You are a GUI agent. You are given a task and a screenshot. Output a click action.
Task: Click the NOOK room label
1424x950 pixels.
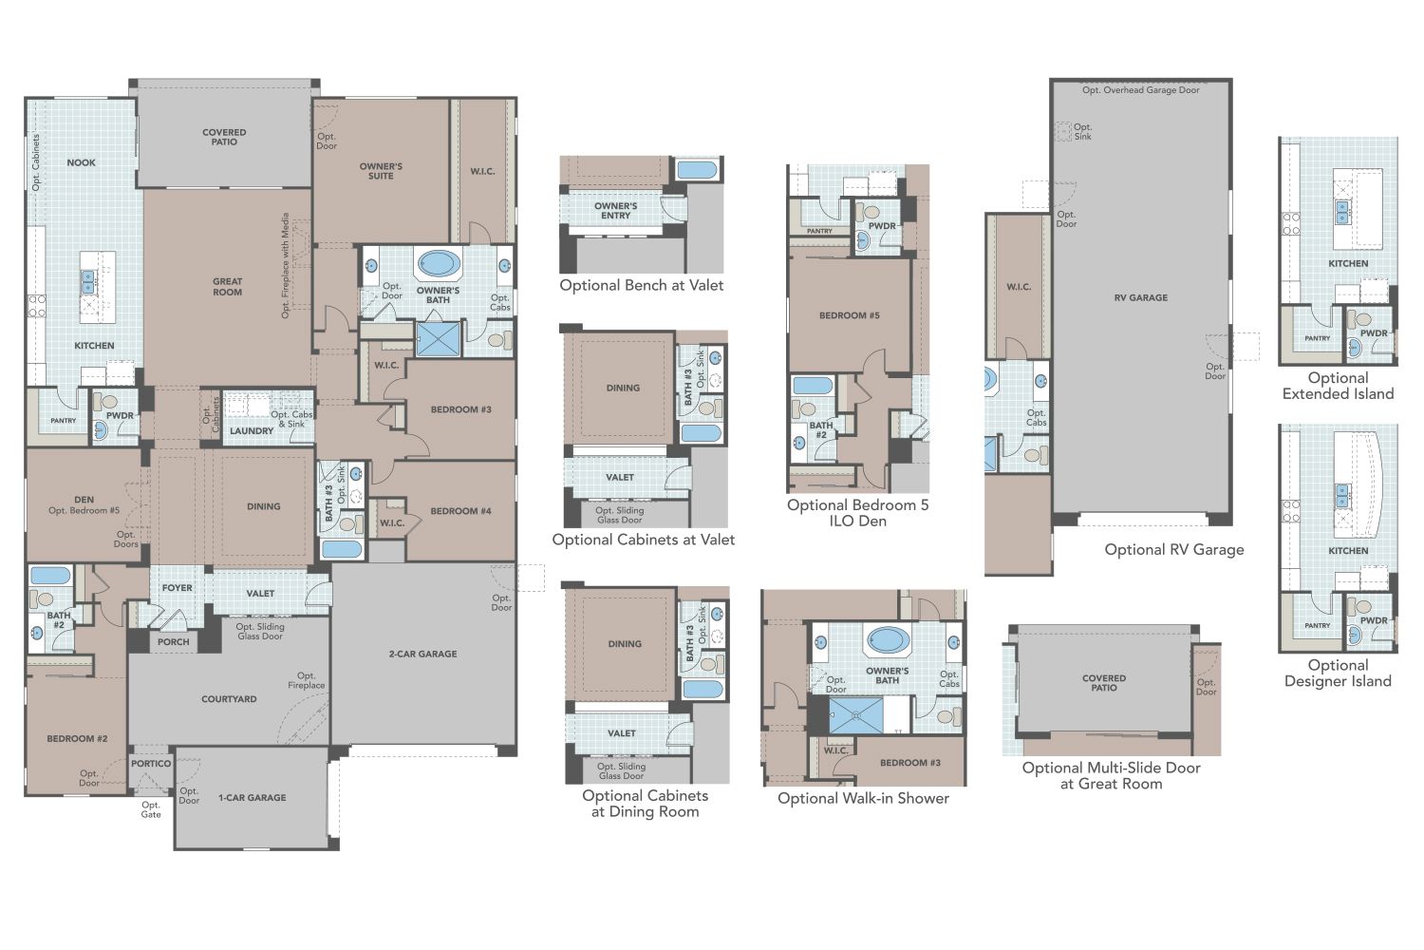[x=81, y=162]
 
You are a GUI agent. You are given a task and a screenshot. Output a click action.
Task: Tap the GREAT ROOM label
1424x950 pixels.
[x=227, y=287]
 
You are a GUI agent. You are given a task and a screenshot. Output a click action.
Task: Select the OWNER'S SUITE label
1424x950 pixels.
[x=381, y=171]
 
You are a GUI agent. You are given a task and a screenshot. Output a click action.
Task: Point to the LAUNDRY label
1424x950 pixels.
[x=252, y=431]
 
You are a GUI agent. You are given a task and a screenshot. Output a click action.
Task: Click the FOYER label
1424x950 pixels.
[x=177, y=588]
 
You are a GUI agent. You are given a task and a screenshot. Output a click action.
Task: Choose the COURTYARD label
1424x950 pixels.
[x=229, y=699]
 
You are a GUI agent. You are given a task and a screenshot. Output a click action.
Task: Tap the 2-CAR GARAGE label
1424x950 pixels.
[x=422, y=654]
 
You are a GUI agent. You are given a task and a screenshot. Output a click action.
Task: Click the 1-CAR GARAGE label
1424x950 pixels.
[x=252, y=798]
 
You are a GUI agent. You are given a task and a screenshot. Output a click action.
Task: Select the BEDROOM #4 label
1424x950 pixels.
[x=460, y=511]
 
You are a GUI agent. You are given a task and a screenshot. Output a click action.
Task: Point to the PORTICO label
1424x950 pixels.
[x=151, y=764]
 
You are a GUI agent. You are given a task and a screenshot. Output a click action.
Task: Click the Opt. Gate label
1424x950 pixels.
[x=151, y=809]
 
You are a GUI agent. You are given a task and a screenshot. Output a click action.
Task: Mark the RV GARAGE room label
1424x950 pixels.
[x=1141, y=297]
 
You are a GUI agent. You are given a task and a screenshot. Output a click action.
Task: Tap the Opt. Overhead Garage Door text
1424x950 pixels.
[x=1140, y=90]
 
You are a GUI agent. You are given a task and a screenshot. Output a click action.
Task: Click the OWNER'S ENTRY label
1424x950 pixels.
[x=615, y=211]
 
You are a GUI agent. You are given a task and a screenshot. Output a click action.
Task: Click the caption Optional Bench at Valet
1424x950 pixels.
[x=641, y=285]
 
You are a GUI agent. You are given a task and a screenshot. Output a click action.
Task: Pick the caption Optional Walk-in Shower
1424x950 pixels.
[x=863, y=798]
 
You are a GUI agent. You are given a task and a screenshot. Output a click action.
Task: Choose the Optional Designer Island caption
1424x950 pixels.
[x=1338, y=673]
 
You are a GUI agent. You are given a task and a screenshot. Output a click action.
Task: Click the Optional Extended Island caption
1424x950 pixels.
[x=1338, y=386]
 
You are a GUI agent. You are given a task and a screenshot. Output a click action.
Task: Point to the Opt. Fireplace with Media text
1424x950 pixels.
[x=285, y=265]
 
